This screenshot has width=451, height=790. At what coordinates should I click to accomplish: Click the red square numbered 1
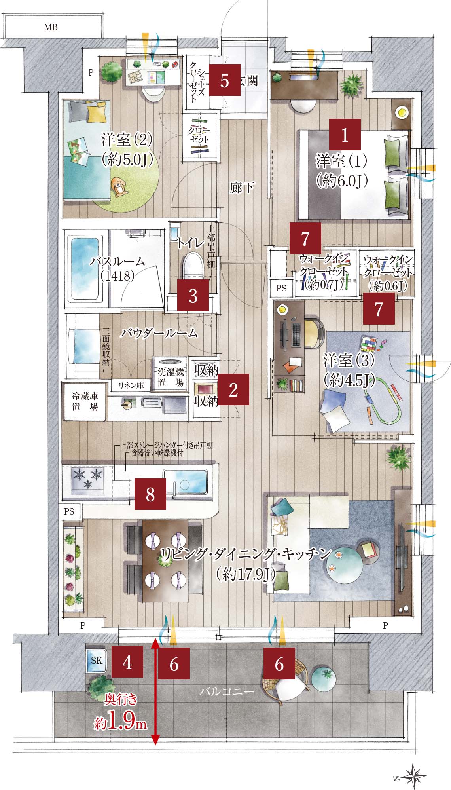click(x=345, y=135)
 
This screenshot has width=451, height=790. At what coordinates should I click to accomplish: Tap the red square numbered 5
click(x=225, y=80)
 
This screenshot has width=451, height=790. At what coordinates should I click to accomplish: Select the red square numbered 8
click(x=150, y=494)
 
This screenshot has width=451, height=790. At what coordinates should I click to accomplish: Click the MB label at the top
click(x=51, y=27)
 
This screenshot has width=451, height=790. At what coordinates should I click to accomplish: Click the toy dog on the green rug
click(x=118, y=186)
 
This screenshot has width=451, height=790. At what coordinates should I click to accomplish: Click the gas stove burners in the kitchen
click(x=87, y=480)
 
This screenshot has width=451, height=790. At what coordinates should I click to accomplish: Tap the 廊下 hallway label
click(x=242, y=188)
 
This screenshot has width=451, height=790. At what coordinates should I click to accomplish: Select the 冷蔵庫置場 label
click(x=85, y=401)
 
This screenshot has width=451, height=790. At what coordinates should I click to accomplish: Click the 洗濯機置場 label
click(x=171, y=377)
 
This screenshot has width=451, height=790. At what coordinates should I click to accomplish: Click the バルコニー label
click(x=226, y=692)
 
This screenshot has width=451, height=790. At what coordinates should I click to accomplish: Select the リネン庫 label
click(x=131, y=386)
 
